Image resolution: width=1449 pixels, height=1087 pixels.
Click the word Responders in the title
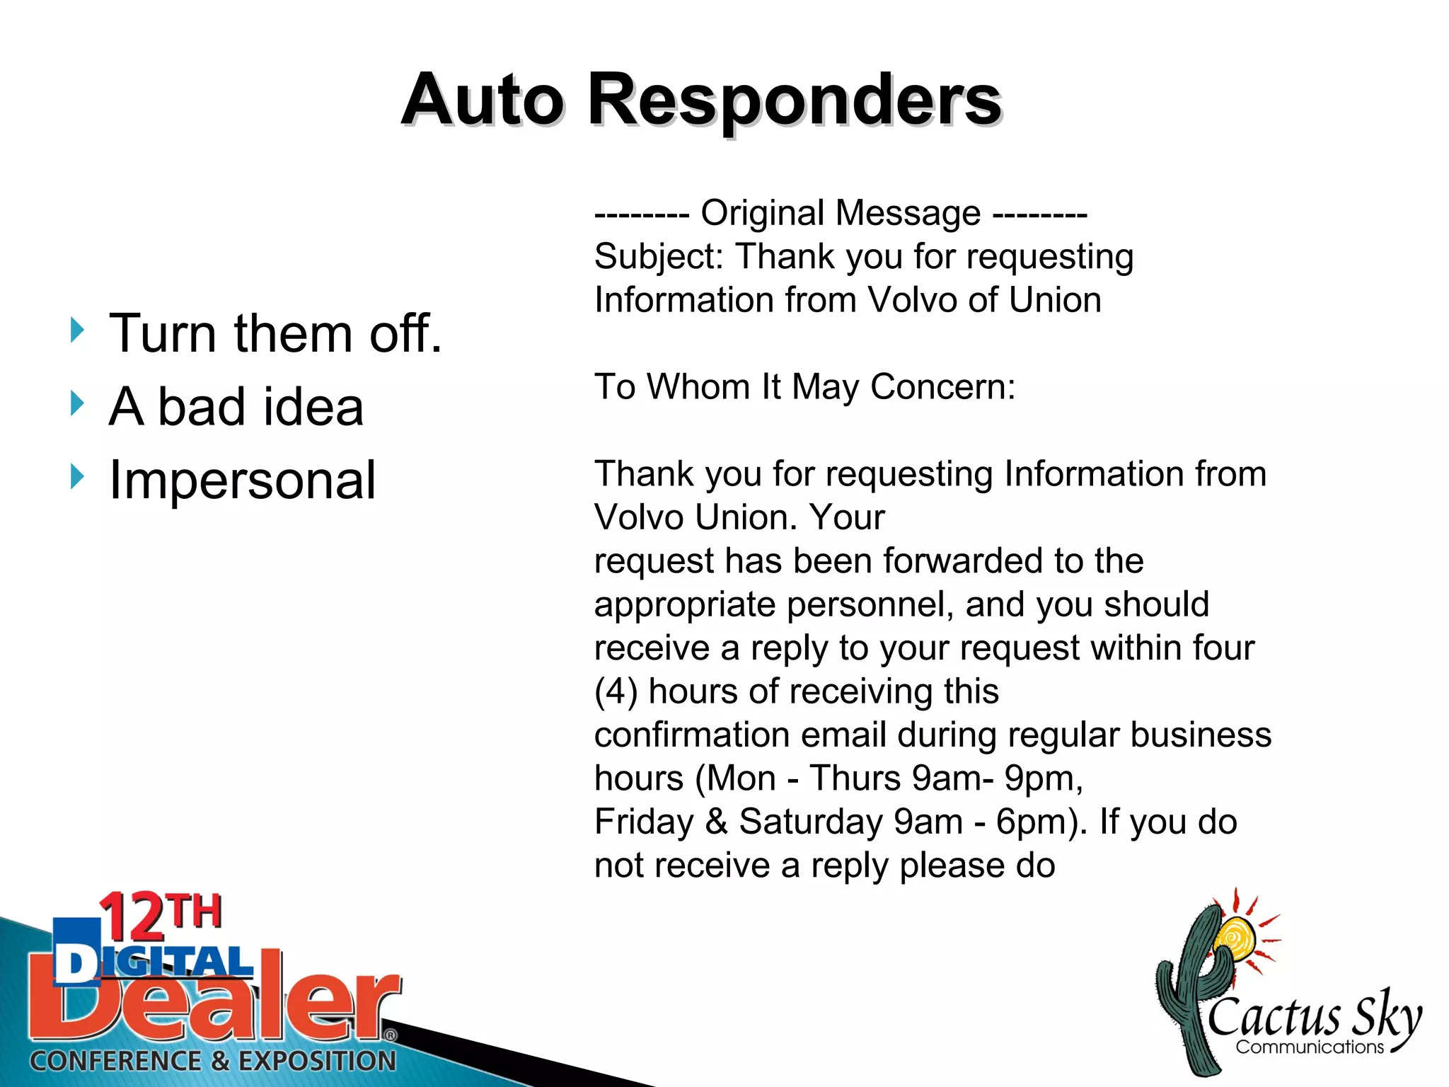tap(794, 101)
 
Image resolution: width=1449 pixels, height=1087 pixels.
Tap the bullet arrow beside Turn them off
tap(77, 330)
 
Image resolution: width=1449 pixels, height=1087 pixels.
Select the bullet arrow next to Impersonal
tap(77, 477)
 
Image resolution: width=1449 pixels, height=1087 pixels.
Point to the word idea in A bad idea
tap(311, 408)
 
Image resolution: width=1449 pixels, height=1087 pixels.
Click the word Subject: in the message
tap(659, 256)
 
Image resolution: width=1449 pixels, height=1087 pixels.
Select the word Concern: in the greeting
tap(942, 387)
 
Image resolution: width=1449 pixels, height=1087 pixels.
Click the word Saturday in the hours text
tap(810, 822)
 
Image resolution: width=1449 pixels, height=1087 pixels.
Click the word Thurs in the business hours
tap(855, 778)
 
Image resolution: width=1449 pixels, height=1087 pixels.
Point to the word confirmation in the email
tap(739, 735)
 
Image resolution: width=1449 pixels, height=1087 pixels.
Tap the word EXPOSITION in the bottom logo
tap(316, 1061)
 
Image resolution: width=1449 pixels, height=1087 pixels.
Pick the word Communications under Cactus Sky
tap(1309, 1047)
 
